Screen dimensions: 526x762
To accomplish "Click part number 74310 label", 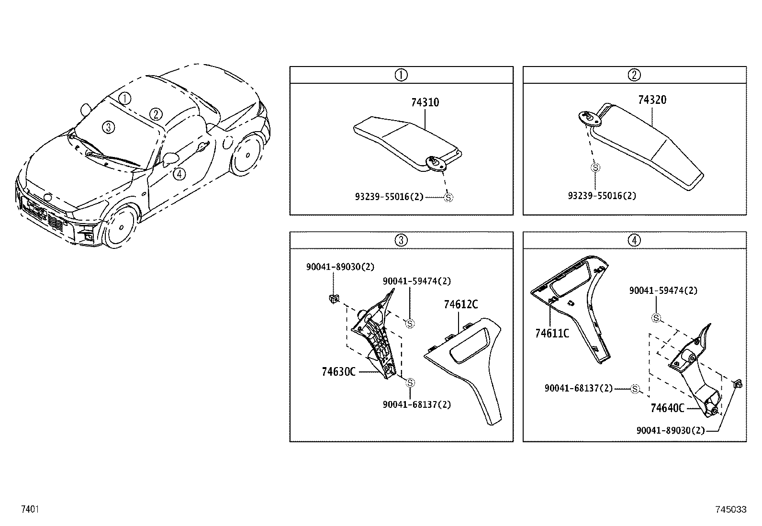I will tap(425, 102).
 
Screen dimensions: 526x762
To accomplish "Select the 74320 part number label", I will tap(652, 100).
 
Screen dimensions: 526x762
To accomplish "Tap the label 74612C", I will tap(460, 305).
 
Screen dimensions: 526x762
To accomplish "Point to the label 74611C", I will tap(552, 333).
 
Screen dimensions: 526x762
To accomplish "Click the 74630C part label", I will tap(338, 371).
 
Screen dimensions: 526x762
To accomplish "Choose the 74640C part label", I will tap(667, 408).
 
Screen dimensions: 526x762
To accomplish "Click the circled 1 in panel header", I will tap(401, 75).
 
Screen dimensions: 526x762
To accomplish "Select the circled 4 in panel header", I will tap(634, 240).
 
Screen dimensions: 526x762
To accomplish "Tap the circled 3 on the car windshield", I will tap(109, 127).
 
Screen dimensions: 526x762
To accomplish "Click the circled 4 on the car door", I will tap(179, 174).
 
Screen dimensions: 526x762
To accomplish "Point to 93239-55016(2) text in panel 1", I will tap(389, 197).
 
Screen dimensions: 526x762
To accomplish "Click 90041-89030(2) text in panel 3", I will tap(340, 267).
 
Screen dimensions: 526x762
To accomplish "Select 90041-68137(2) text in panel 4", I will tap(578, 389).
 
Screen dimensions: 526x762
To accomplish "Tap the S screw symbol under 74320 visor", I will tap(595, 168).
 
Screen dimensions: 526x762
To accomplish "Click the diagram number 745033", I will tap(731, 510).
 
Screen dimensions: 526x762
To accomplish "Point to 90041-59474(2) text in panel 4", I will tap(663, 291).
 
